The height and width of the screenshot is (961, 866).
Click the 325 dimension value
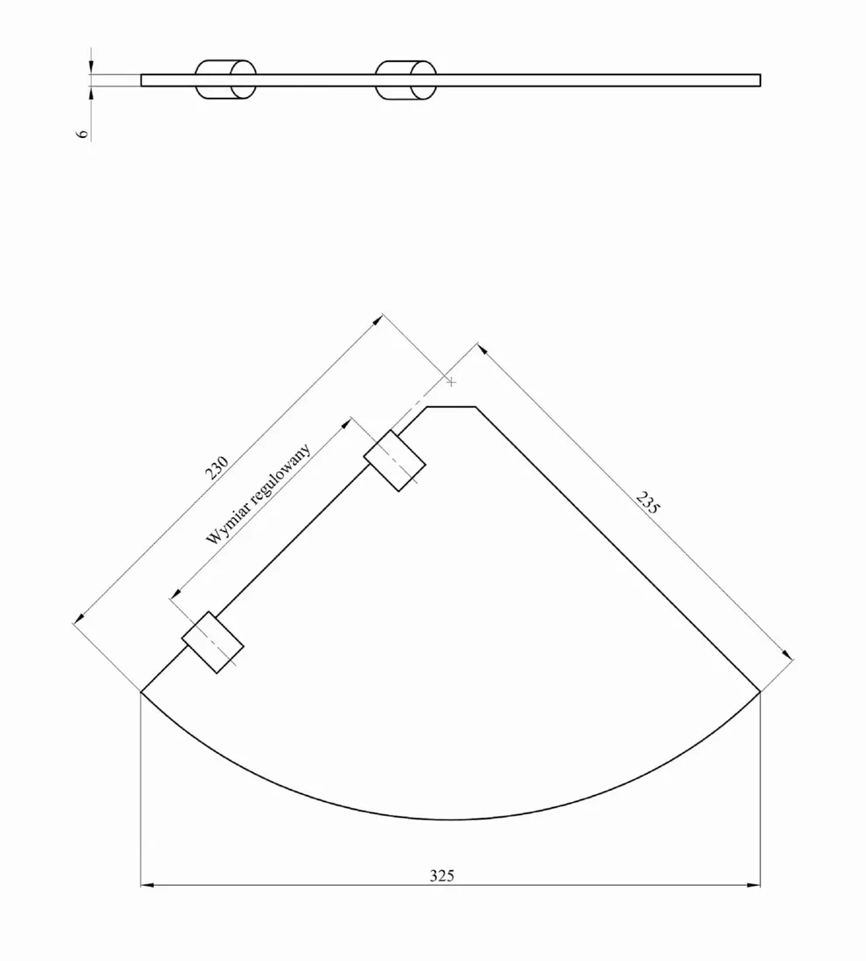click(442, 875)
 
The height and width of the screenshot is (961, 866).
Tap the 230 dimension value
click(217, 467)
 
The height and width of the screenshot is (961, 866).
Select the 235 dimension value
click(648, 502)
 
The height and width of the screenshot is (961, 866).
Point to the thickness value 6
click(83, 134)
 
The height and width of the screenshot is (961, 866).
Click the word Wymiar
click(225, 525)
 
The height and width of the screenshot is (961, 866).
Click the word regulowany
click(281, 471)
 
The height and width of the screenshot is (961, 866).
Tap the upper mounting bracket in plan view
click(395, 460)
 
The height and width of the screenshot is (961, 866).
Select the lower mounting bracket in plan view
click(212, 642)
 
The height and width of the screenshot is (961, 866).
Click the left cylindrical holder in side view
click(225, 80)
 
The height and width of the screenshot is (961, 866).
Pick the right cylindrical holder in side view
click(405, 80)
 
